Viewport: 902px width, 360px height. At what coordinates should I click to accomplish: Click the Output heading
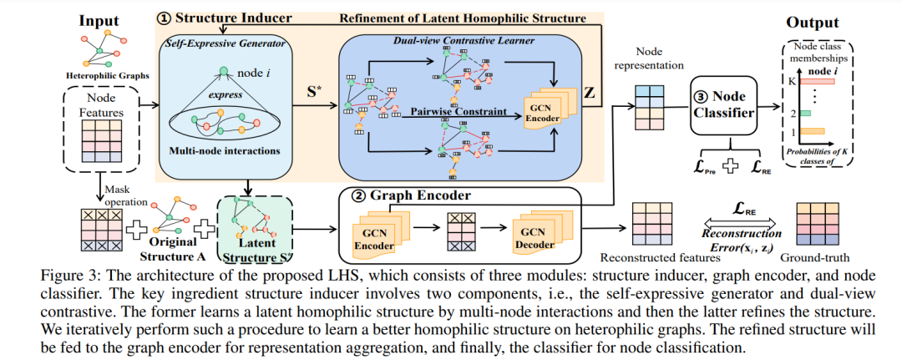point(813,23)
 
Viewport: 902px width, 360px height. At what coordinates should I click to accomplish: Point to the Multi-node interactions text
point(225,151)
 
